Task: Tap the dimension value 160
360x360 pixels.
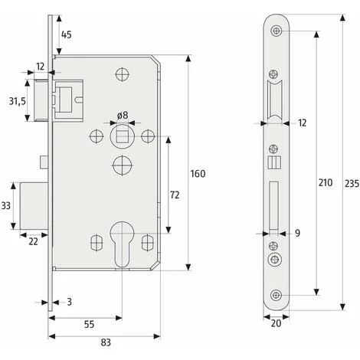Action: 198,175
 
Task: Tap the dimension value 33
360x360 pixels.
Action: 6,206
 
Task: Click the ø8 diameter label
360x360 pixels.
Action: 122,116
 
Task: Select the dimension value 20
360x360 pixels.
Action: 275,322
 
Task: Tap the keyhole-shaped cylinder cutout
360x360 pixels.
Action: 122,241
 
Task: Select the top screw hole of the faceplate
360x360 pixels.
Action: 275,28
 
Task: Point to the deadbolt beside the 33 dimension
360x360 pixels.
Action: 31,206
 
